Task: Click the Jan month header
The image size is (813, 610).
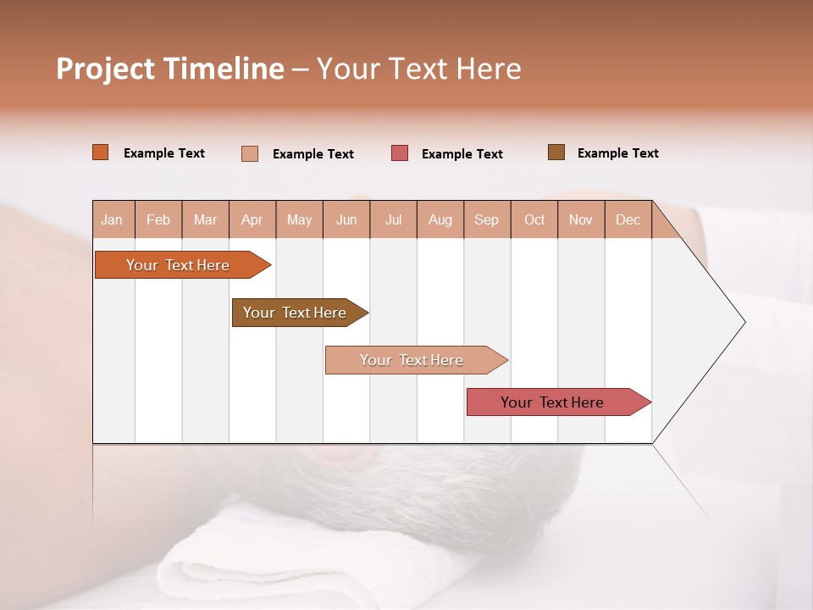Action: pyautogui.click(x=113, y=219)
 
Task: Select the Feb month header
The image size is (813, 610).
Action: pyautogui.click(x=158, y=219)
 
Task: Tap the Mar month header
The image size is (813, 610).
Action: pyautogui.click(x=205, y=219)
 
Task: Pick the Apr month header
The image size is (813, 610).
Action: pyautogui.click(x=252, y=219)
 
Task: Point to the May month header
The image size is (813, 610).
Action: pyautogui.click(x=299, y=219)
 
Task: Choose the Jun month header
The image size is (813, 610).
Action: pyautogui.click(x=346, y=219)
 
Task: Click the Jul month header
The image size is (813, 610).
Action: pyautogui.click(x=393, y=219)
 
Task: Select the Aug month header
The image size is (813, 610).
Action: pyautogui.click(x=440, y=219)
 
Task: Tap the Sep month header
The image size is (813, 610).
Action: pyautogui.click(x=487, y=219)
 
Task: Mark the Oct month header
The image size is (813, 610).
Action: pyautogui.click(x=534, y=219)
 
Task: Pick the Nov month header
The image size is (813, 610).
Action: pyautogui.click(x=581, y=219)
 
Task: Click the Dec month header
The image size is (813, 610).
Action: pyautogui.click(x=628, y=219)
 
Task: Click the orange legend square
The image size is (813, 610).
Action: pyautogui.click(x=101, y=152)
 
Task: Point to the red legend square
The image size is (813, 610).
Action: pyautogui.click(x=400, y=153)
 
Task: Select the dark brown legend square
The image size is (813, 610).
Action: pyautogui.click(x=556, y=152)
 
